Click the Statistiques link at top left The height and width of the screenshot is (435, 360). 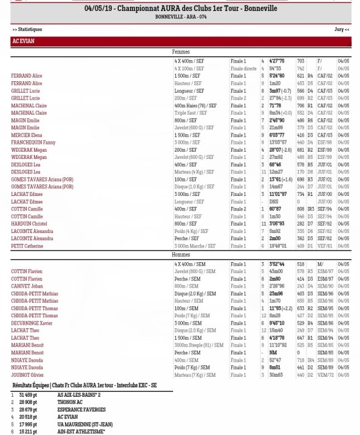[27, 29]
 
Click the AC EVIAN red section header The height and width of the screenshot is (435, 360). [180, 42]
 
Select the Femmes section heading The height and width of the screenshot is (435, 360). [181, 53]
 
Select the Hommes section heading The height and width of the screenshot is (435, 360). [181, 255]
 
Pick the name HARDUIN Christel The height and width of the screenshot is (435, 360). [29, 224]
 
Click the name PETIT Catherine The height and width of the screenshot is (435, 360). [27, 246]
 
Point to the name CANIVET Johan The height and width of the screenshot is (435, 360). [27, 286]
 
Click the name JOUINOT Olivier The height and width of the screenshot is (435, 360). [28, 375]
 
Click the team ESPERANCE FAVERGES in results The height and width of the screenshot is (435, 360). [83, 409]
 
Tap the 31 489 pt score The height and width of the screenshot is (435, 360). [27, 395]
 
